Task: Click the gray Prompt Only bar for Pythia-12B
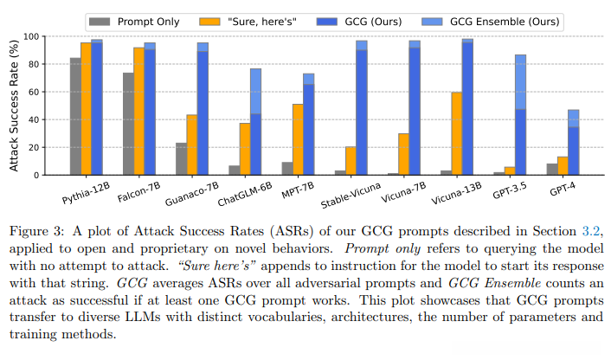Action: click(75, 117)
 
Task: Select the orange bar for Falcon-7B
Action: click(138, 112)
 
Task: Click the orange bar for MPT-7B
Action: click(297, 139)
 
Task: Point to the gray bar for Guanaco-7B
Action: click(181, 158)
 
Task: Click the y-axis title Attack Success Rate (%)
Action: click(15, 105)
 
